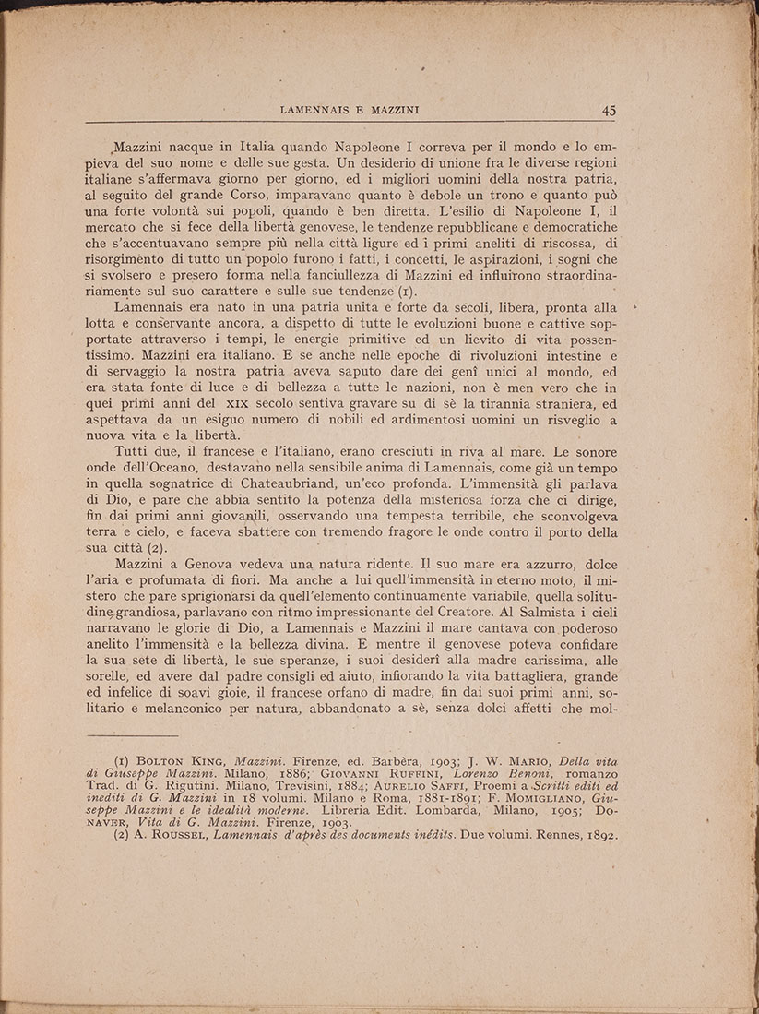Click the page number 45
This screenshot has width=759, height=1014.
609,109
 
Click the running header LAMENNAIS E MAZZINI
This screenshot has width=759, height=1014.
350,110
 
